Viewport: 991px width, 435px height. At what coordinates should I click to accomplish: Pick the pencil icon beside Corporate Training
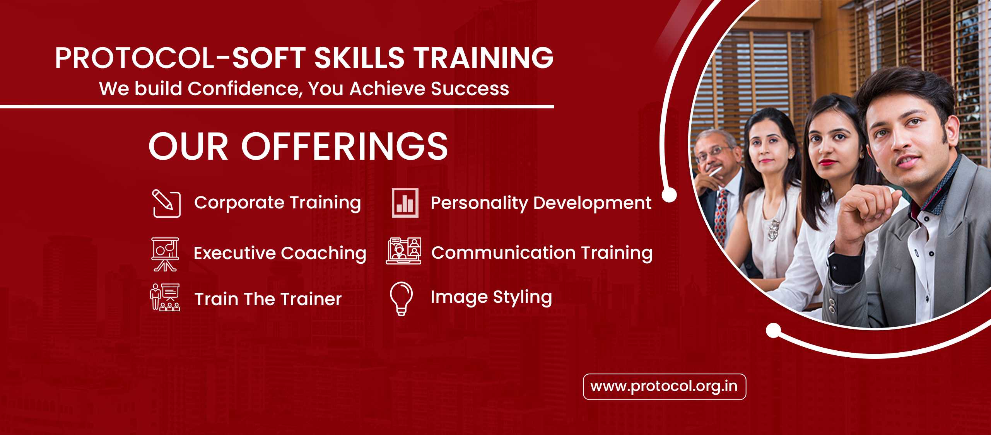pyautogui.click(x=166, y=203)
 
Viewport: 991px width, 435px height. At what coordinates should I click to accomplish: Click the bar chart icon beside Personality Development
pyautogui.click(x=405, y=203)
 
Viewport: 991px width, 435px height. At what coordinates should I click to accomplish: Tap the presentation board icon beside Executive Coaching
pyautogui.click(x=165, y=254)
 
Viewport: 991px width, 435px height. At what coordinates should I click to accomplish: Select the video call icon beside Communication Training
pyautogui.click(x=404, y=251)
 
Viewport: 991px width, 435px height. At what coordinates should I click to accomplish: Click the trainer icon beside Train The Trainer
pyautogui.click(x=165, y=297)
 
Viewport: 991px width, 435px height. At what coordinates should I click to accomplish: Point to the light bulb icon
pyautogui.click(x=402, y=299)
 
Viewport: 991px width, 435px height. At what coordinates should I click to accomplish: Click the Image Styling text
pyautogui.click(x=491, y=298)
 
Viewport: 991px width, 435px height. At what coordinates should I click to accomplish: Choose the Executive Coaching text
pyautogui.click(x=280, y=254)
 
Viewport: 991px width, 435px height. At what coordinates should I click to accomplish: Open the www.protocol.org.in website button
pyautogui.click(x=665, y=387)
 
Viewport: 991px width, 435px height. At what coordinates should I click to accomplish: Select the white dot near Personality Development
pyautogui.click(x=669, y=195)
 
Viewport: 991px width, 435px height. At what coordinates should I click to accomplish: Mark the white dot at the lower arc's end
pyautogui.click(x=774, y=331)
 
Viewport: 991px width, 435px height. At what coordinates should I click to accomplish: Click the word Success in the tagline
pyautogui.click(x=470, y=89)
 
